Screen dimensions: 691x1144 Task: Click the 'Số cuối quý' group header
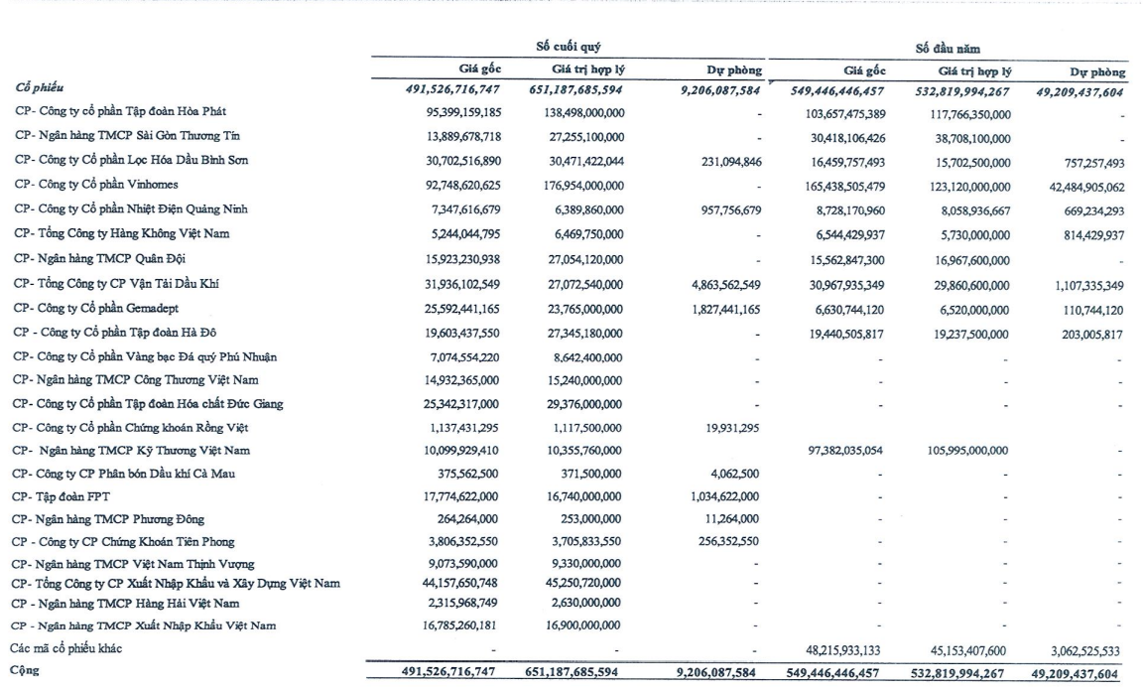click(567, 47)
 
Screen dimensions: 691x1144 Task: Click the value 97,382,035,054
click(841, 451)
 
